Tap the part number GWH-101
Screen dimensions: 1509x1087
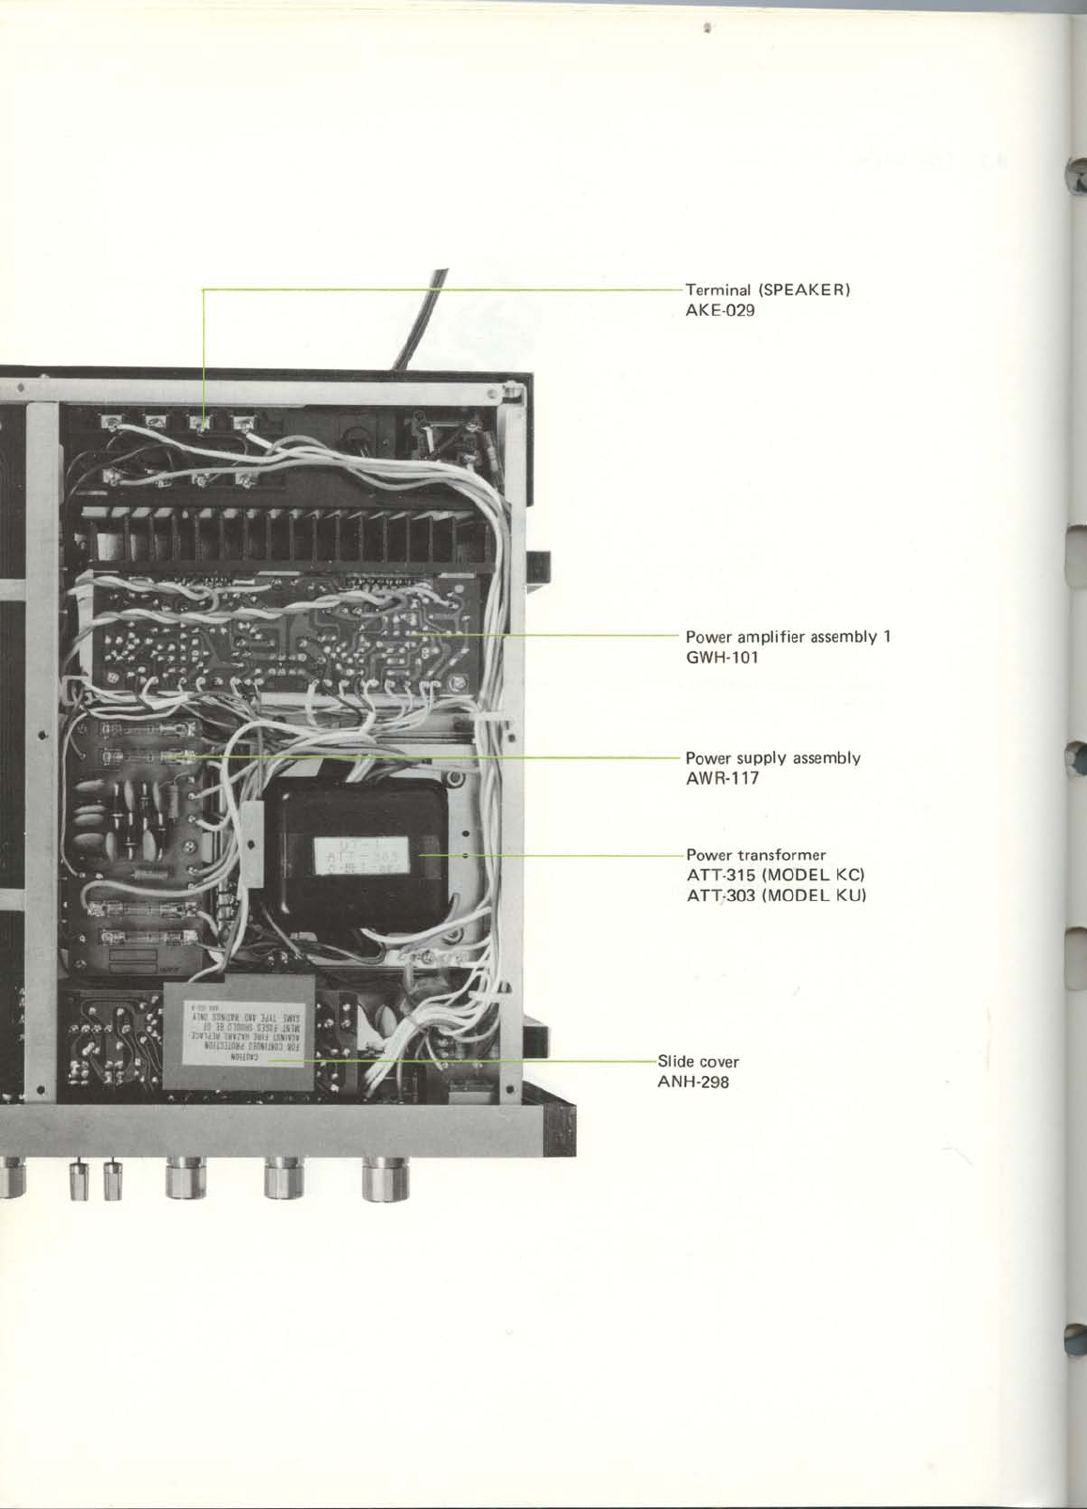[x=722, y=658]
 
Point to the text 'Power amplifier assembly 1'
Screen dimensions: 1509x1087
[x=787, y=637]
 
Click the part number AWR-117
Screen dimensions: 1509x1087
[x=722, y=778]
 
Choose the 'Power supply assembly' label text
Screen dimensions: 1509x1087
[x=773, y=757]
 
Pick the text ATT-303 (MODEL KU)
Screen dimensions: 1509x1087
[x=776, y=895]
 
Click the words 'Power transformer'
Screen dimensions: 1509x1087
[x=755, y=855]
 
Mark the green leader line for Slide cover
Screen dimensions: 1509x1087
[x=470, y=1062]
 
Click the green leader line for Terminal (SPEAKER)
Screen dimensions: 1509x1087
[x=442, y=289]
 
